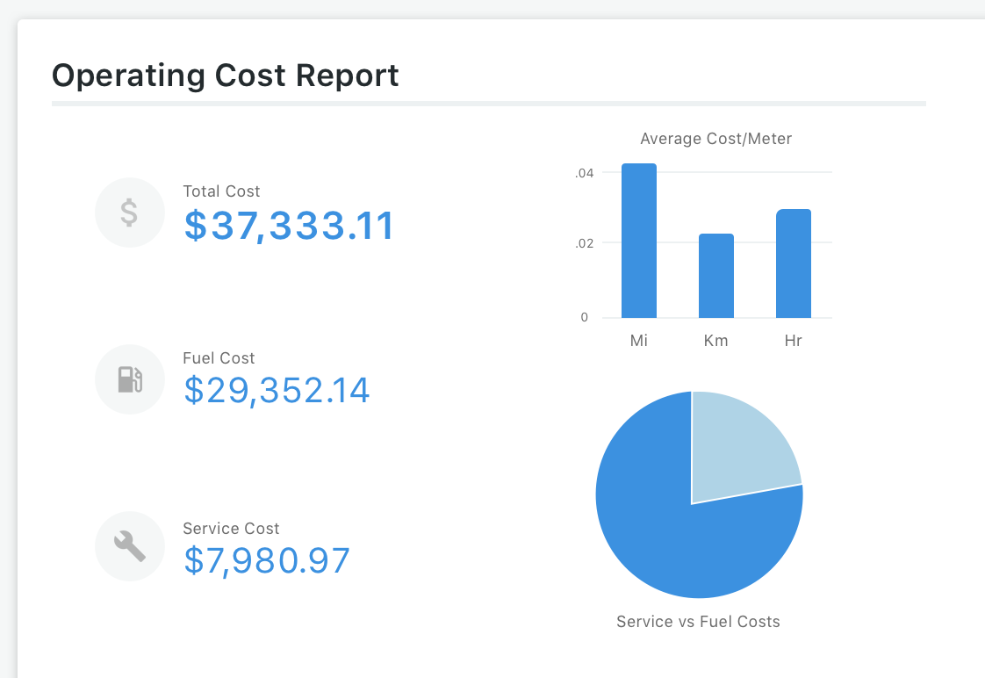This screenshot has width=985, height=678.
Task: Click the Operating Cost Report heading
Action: point(226,76)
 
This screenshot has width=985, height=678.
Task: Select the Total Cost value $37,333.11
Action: point(290,226)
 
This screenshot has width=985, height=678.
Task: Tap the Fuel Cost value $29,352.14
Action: point(277,391)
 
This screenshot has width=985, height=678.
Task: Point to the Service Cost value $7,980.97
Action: point(267,560)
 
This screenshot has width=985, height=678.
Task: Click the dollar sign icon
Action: point(129,213)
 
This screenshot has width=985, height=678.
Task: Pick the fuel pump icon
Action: point(129,379)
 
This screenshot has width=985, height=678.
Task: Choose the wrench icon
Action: point(129,546)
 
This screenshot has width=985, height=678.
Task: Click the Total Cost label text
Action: point(221,191)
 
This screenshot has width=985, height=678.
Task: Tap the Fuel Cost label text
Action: point(219,358)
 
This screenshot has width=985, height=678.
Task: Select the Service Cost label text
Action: point(231,529)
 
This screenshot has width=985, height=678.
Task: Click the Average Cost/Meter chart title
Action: point(715,139)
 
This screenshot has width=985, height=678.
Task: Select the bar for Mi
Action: point(639,242)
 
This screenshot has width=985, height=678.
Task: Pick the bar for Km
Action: point(716,276)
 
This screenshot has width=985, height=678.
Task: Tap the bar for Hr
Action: point(794,263)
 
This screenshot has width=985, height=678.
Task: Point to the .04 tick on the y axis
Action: point(585,173)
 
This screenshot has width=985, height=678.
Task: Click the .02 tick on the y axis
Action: point(585,243)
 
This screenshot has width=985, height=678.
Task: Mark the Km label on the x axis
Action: point(716,341)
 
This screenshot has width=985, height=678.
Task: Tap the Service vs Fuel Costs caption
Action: point(698,622)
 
